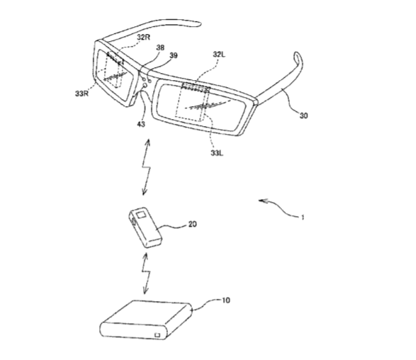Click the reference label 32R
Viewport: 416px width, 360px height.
pos(144,37)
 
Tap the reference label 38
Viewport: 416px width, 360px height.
pos(160,47)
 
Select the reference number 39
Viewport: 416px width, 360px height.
pos(173,55)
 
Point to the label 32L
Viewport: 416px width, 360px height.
pos(219,55)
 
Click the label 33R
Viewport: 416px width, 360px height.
pos(81,94)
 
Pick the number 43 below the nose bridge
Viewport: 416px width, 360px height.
pos(141,124)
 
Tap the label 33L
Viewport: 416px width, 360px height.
pos(217,153)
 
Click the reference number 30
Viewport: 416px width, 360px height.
pos(303,116)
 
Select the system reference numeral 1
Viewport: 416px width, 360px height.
pos(303,218)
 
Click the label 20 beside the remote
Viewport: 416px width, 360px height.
pos(193,224)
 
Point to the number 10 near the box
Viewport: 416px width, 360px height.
pos(225,300)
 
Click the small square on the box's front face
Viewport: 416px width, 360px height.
pos(157,334)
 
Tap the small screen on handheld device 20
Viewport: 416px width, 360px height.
pos(140,213)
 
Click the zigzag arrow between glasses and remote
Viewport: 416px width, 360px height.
pos(146,167)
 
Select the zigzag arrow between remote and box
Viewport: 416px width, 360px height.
pos(146,274)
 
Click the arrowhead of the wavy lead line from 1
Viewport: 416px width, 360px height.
pos(261,201)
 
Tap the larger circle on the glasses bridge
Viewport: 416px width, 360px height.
pos(145,86)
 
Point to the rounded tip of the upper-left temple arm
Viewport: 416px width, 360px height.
pos(198,24)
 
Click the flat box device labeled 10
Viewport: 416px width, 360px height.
pos(146,320)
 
